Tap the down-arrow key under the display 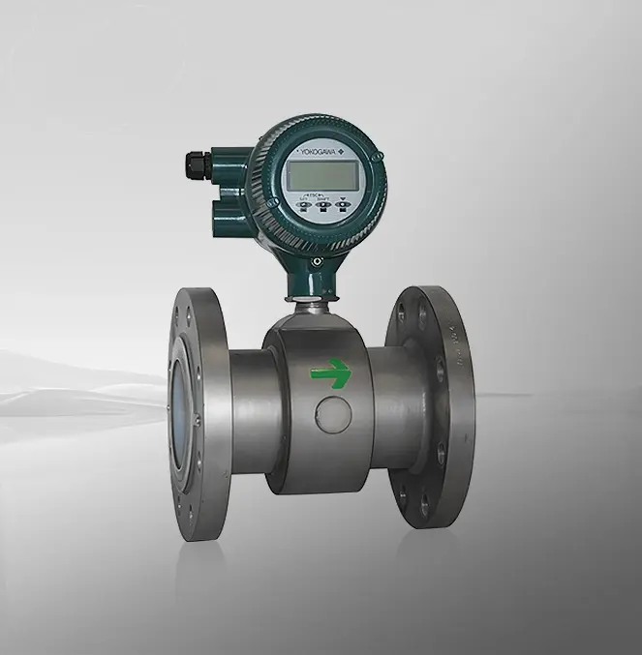point(342,204)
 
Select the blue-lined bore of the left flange point(182,407)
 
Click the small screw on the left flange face point(195,420)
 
